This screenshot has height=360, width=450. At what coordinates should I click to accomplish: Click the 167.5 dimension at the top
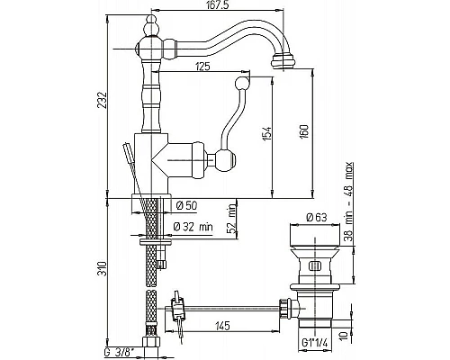(x=216, y=5)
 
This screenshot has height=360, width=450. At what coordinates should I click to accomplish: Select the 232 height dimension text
(x=103, y=101)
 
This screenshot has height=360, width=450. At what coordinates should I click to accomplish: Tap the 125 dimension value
(x=202, y=67)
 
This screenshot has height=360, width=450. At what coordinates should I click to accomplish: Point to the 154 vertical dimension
(x=267, y=133)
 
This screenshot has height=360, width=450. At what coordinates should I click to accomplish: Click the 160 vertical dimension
(x=304, y=131)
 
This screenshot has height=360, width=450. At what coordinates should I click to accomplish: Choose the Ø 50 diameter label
(x=186, y=205)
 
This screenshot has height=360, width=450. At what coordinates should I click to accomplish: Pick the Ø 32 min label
(x=193, y=227)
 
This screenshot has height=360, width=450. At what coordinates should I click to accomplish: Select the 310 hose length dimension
(x=103, y=269)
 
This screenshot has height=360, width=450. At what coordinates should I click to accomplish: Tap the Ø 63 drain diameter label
(x=317, y=217)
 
